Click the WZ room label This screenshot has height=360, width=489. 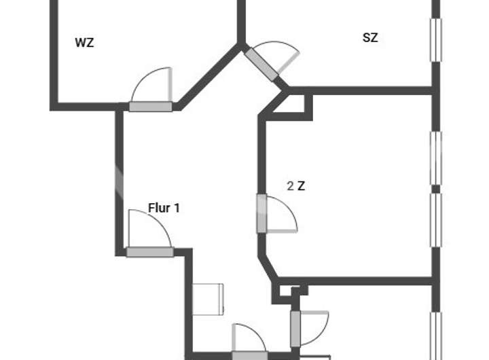84,43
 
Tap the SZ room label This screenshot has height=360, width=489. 369,38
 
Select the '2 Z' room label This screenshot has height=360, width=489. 295,186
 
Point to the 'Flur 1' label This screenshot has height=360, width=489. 164,208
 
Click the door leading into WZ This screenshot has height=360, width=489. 151,105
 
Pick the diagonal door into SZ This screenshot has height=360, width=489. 262,64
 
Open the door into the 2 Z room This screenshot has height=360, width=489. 261,213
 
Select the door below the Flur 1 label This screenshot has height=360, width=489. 149,251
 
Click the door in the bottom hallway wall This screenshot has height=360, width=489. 249,355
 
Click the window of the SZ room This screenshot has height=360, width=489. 436,41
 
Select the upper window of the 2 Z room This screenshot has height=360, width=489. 436,158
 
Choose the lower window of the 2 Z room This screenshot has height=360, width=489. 436,220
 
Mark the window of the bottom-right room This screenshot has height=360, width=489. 436,336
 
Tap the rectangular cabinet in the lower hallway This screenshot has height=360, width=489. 209,299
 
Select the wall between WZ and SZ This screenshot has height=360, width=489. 241,20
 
